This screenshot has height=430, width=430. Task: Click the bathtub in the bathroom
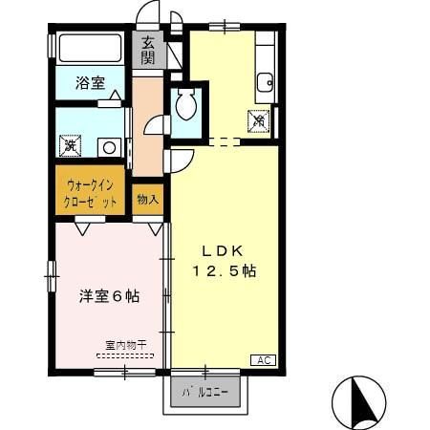90,48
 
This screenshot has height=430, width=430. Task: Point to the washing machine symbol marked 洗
69,147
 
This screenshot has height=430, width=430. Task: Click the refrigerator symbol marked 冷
258,120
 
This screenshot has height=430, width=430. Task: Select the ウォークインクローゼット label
92,194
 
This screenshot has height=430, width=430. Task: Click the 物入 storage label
148,200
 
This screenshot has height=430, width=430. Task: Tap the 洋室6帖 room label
109,296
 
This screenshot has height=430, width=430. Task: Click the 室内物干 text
125,345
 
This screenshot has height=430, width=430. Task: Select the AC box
264,359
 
